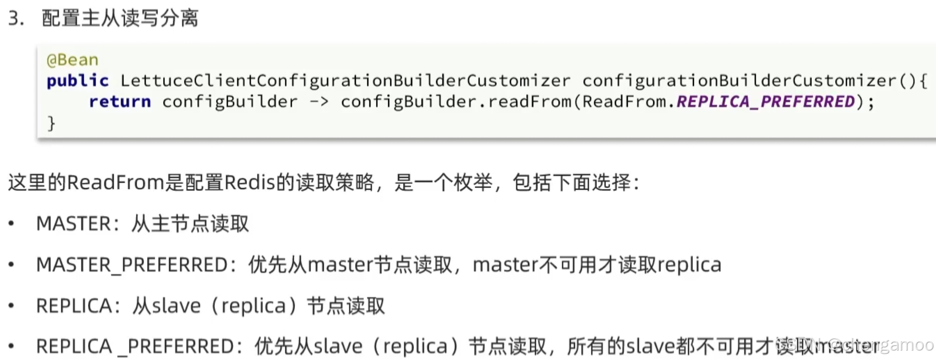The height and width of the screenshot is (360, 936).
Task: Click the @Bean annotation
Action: pyautogui.click(x=72, y=60)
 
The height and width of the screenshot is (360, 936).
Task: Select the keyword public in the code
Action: pyautogui.click(x=77, y=81)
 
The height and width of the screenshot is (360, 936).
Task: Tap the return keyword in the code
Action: pyautogui.click(x=119, y=102)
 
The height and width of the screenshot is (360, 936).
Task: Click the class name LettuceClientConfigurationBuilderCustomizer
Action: pyautogui.click(x=345, y=81)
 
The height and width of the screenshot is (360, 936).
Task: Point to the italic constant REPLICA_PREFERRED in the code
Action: pyautogui.click(x=765, y=102)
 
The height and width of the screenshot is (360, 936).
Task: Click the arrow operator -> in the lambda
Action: pyautogui.click(x=319, y=102)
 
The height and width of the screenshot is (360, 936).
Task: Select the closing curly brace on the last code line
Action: pyautogui.click(x=51, y=123)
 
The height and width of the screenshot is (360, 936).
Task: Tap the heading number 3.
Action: pyautogui.click(x=16, y=18)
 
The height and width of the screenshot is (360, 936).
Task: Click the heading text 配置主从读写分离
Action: pyautogui.click(x=120, y=18)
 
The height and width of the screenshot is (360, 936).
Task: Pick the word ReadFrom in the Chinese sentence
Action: pyautogui.click(x=116, y=183)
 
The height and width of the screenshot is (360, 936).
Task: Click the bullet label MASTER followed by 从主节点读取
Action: pyautogui.click(x=73, y=224)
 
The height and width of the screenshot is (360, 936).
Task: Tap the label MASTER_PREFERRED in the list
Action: pyautogui.click(x=132, y=265)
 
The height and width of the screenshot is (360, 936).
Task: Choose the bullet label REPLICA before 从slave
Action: pyautogui.click(x=74, y=306)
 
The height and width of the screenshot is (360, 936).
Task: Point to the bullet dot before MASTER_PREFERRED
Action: pyautogui.click(x=11, y=265)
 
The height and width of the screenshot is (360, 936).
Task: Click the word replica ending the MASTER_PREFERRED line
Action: pyautogui.click(x=689, y=265)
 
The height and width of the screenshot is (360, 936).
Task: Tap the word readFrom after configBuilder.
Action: pyautogui.click(x=530, y=102)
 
